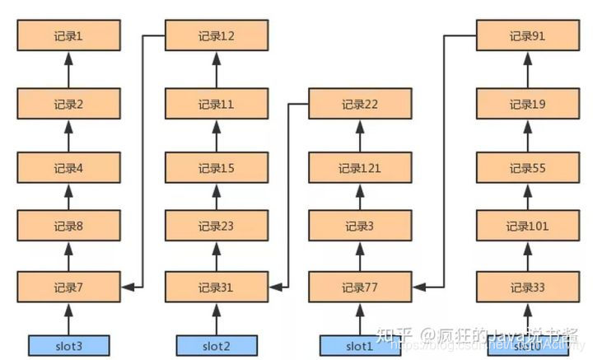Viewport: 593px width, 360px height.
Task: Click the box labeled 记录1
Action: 69,36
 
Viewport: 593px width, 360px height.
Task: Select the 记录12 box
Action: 217,36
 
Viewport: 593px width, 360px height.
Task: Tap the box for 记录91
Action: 527,36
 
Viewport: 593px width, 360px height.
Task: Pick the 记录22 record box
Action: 359,104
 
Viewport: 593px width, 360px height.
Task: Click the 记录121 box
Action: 359,168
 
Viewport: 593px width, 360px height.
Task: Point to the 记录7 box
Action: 69,288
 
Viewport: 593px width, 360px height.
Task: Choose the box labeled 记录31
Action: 217,288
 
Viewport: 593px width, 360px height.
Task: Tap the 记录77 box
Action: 359,288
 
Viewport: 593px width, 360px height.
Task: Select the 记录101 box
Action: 527,227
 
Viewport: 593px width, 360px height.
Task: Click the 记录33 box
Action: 527,288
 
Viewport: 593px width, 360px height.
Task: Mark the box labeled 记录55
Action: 527,168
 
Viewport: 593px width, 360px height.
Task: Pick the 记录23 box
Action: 217,227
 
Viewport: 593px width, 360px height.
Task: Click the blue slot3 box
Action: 69,345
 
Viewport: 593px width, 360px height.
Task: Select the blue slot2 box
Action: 217,345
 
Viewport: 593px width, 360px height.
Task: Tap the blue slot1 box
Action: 359,345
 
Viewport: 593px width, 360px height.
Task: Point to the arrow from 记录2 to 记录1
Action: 69,70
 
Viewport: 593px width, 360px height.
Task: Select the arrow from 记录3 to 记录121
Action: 359,197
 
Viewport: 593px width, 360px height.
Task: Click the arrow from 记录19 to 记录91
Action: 527,70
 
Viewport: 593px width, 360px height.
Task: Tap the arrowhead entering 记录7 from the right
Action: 127,288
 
